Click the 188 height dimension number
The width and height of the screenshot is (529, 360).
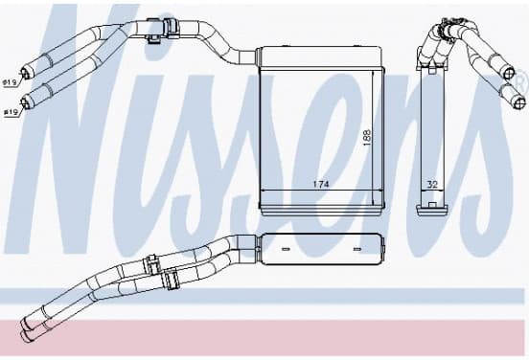[x=367, y=137]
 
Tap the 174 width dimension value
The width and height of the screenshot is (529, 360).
[x=321, y=184]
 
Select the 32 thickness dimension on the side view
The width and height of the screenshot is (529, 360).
[x=432, y=185]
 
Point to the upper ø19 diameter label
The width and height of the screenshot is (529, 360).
[x=11, y=82]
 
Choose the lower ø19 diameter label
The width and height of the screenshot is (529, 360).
[x=11, y=113]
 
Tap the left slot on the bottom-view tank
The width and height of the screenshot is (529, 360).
[x=286, y=249]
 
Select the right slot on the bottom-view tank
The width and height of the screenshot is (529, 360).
[x=356, y=249]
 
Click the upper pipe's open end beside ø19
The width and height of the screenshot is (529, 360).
[x=25, y=73]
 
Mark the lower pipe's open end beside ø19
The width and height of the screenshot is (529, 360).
[x=25, y=101]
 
